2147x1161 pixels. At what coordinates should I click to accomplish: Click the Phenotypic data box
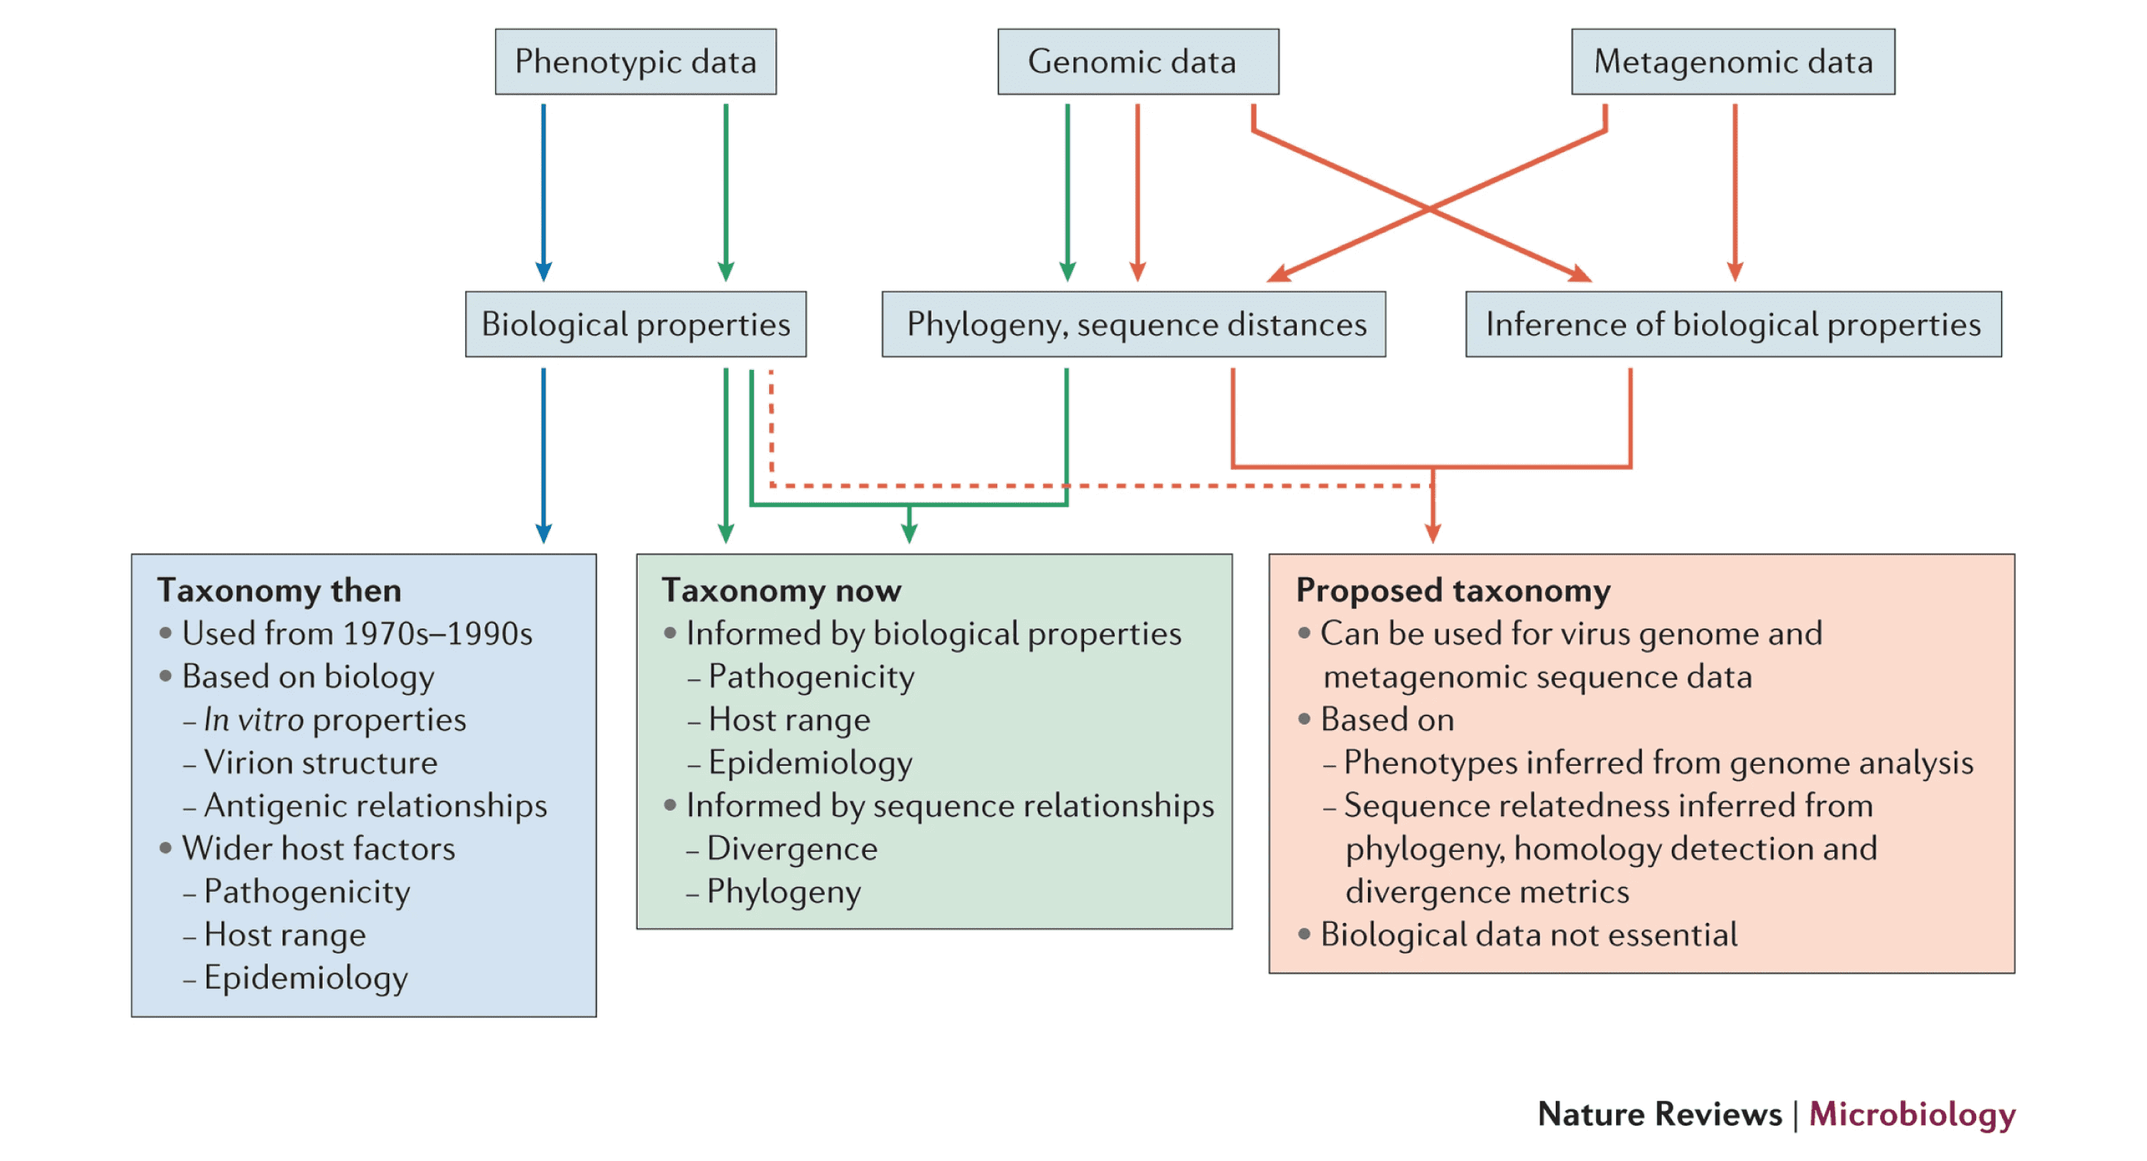(x=635, y=62)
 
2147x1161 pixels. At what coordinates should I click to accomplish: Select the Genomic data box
(x=1138, y=62)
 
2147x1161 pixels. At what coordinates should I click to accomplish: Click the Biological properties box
(x=635, y=324)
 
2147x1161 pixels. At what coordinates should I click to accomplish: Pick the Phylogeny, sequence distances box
(x=1134, y=324)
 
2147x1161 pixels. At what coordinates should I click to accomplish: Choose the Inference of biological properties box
(x=1733, y=324)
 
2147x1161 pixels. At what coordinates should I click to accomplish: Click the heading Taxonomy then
(x=279, y=590)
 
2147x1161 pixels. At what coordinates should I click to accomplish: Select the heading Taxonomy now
(x=781, y=590)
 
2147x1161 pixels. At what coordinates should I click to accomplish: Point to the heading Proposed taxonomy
(x=1453, y=590)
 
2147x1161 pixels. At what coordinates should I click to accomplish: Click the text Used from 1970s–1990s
(x=357, y=633)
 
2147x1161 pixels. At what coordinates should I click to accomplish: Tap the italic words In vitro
(x=253, y=719)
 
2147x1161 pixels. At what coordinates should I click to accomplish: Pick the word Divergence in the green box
(x=792, y=848)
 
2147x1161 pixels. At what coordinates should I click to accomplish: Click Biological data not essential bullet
(x=1528, y=934)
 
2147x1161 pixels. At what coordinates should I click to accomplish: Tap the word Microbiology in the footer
(x=1911, y=1114)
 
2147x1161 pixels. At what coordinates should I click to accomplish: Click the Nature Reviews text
(x=1659, y=1114)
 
